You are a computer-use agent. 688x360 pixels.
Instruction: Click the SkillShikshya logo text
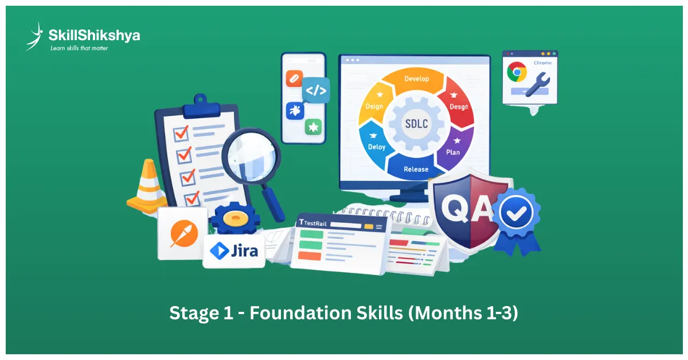[94, 36]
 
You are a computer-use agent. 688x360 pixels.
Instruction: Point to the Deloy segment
[376, 143]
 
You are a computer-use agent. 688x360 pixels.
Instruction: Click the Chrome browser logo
[517, 73]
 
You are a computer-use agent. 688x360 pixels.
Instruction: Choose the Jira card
[234, 251]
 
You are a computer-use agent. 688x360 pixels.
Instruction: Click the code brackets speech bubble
[316, 91]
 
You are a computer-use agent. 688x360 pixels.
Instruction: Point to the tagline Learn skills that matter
[79, 48]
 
